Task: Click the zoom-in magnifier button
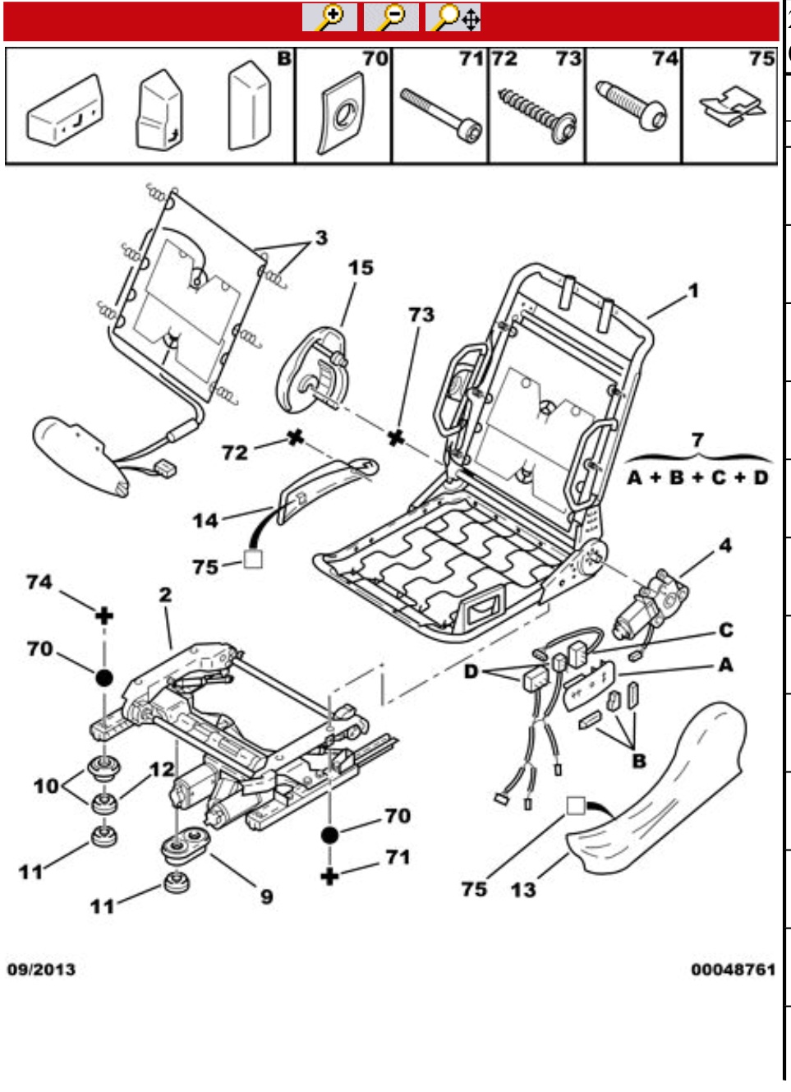tap(329, 17)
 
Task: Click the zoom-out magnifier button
tap(391, 17)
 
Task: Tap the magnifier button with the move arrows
tap(453, 17)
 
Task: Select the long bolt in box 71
tap(441, 115)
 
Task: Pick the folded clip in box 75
tap(732, 106)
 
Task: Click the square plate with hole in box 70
tap(343, 113)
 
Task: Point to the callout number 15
tap(361, 268)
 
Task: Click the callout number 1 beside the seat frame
tap(693, 291)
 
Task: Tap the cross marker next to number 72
tap(296, 437)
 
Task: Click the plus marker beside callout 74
tap(104, 616)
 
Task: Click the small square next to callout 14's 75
tap(253, 560)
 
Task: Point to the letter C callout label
tap(725, 630)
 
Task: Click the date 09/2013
tap(41, 969)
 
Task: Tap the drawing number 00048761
tap(733, 969)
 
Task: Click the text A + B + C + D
tap(698, 477)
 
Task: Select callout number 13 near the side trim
tap(523, 890)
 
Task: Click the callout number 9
tap(267, 897)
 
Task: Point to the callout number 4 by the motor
tap(725, 546)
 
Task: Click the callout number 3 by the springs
tap(321, 238)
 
